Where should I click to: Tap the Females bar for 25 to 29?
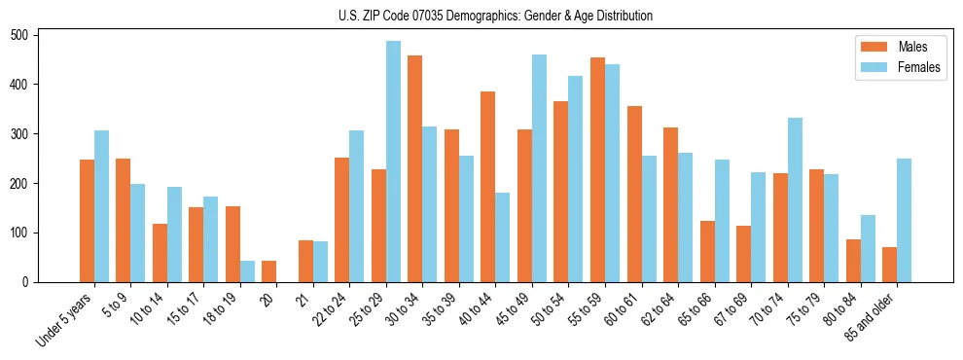(393, 162)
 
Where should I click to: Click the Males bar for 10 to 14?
(160, 253)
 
